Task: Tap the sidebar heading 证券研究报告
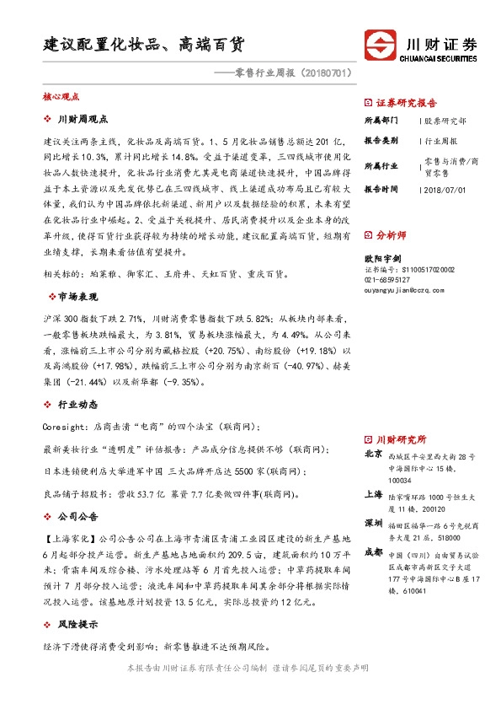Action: tap(403, 99)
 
